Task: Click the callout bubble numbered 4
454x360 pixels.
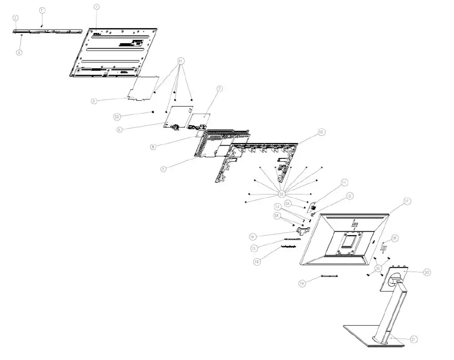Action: pyautogui.click(x=96, y=7)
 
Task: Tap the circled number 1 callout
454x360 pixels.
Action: pyautogui.click(x=42, y=10)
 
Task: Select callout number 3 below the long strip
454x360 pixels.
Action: pyautogui.click(x=19, y=52)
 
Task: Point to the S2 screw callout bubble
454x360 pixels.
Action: pyautogui.click(x=117, y=117)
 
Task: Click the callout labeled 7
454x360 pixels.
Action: pyautogui.click(x=220, y=89)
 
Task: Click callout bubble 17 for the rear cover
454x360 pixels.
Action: pyautogui.click(x=407, y=201)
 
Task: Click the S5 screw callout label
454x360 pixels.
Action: pyautogui.click(x=378, y=268)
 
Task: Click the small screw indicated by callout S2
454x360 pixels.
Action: pyautogui.click(x=153, y=112)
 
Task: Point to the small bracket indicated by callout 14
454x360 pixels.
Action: pyautogui.click(x=302, y=229)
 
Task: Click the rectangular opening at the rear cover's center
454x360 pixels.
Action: pyautogui.click(x=350, y=241)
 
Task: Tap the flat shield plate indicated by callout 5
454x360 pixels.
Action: pyautogui.click(x=145, y=88)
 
